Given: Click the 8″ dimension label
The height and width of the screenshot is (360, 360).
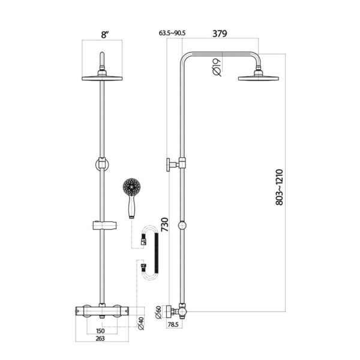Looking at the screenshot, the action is pyautogui.click(x=104, y=35).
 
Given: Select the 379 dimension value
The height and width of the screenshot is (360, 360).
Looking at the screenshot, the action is pyautogui.click(x=220, y=34).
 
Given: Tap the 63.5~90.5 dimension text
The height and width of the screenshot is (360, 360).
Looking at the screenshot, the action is pyautogui.click(x=172, y=33).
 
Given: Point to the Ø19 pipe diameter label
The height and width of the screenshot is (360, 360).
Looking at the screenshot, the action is pyautogui.click(x=217, y=67).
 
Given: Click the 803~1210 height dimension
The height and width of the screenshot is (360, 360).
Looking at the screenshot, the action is pyautogui.click(x=280, y=187).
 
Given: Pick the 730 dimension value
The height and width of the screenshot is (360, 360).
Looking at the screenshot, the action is pyautogui.click(x=165, y=224).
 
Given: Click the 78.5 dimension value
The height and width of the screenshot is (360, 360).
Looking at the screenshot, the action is pyautogui.click(x=173, y=325).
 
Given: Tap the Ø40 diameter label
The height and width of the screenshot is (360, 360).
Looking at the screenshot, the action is pyautogui.click(x=141, y=323).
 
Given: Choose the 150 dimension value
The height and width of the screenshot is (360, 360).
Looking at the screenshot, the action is pyautogui.click(x=100, y=331).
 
